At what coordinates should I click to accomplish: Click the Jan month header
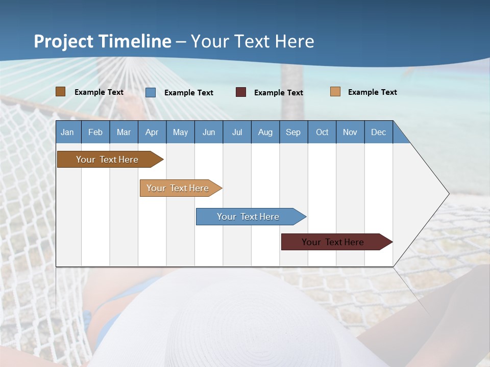pos(67,133)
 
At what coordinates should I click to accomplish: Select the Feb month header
pos(95,133)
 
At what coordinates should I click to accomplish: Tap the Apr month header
pos(152,133)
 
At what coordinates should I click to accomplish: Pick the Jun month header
pos(209,133)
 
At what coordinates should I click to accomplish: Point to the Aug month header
pos(265,133)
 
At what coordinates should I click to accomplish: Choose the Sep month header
pos(293,133)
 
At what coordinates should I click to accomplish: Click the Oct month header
pos(322,133)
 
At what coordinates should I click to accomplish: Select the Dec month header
pos(379,133)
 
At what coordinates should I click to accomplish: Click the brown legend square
pos(61,92)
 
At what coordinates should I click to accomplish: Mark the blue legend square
pos(151,92)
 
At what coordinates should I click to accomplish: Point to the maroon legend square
pos(241,92)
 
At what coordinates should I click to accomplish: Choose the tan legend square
pos(335,92)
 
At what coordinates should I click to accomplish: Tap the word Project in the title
pos(63,41)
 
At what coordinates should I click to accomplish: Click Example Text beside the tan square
pos(373,92)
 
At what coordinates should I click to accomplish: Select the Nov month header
pos(350,133)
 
